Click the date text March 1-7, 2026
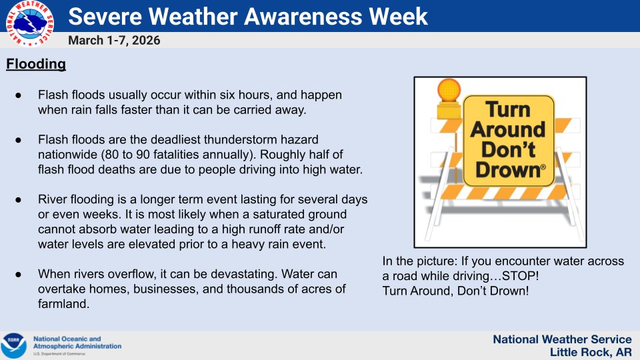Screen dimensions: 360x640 coord(114,41)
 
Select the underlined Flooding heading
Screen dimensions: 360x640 coord(36,65)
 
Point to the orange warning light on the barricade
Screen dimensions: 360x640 coord(448,90)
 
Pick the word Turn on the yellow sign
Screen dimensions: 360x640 coord(507,109)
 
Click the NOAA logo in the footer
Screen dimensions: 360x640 coord(13,345)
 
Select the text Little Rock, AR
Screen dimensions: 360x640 coord(591,352)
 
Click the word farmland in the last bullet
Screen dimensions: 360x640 coord(63,303)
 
